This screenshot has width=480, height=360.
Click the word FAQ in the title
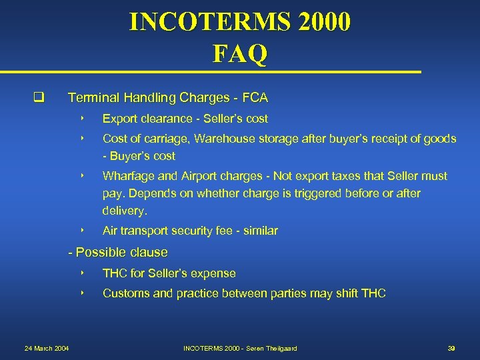[x=240, y=53]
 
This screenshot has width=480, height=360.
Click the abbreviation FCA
[x=255, y=98]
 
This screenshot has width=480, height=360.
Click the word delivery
[x=123, y=211]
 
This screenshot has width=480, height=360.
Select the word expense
[x=214, y=273]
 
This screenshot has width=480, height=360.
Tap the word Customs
[x=126, y=293]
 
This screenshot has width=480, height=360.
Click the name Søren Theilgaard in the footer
[x=270, y=349]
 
